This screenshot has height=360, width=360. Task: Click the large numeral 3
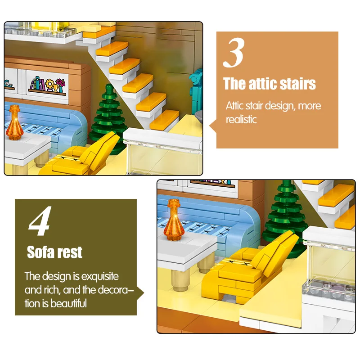pyautogui.click(x=233, y=53)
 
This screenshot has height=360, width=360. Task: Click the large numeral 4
pyautogui.click(x=40, y=221)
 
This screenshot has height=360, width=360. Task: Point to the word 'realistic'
pyautogui.click(x=241, y=119)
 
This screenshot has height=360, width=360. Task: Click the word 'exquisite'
pyautogui.click(x=100, y=276)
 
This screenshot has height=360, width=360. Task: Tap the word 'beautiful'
pyautogui.click(x=68, y=303)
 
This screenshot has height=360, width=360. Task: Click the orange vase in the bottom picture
pyautogui.click(x=174, y=220)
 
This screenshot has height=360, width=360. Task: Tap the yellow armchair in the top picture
pyautogui.click(x=81, y=156)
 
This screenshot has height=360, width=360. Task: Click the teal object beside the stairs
pyautogui.click(x=196, y=92)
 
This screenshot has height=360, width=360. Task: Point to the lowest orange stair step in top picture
pyautogui.click(x=164, y=120)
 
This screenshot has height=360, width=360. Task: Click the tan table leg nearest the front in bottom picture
pyautogui.click(x=180, y=280)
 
